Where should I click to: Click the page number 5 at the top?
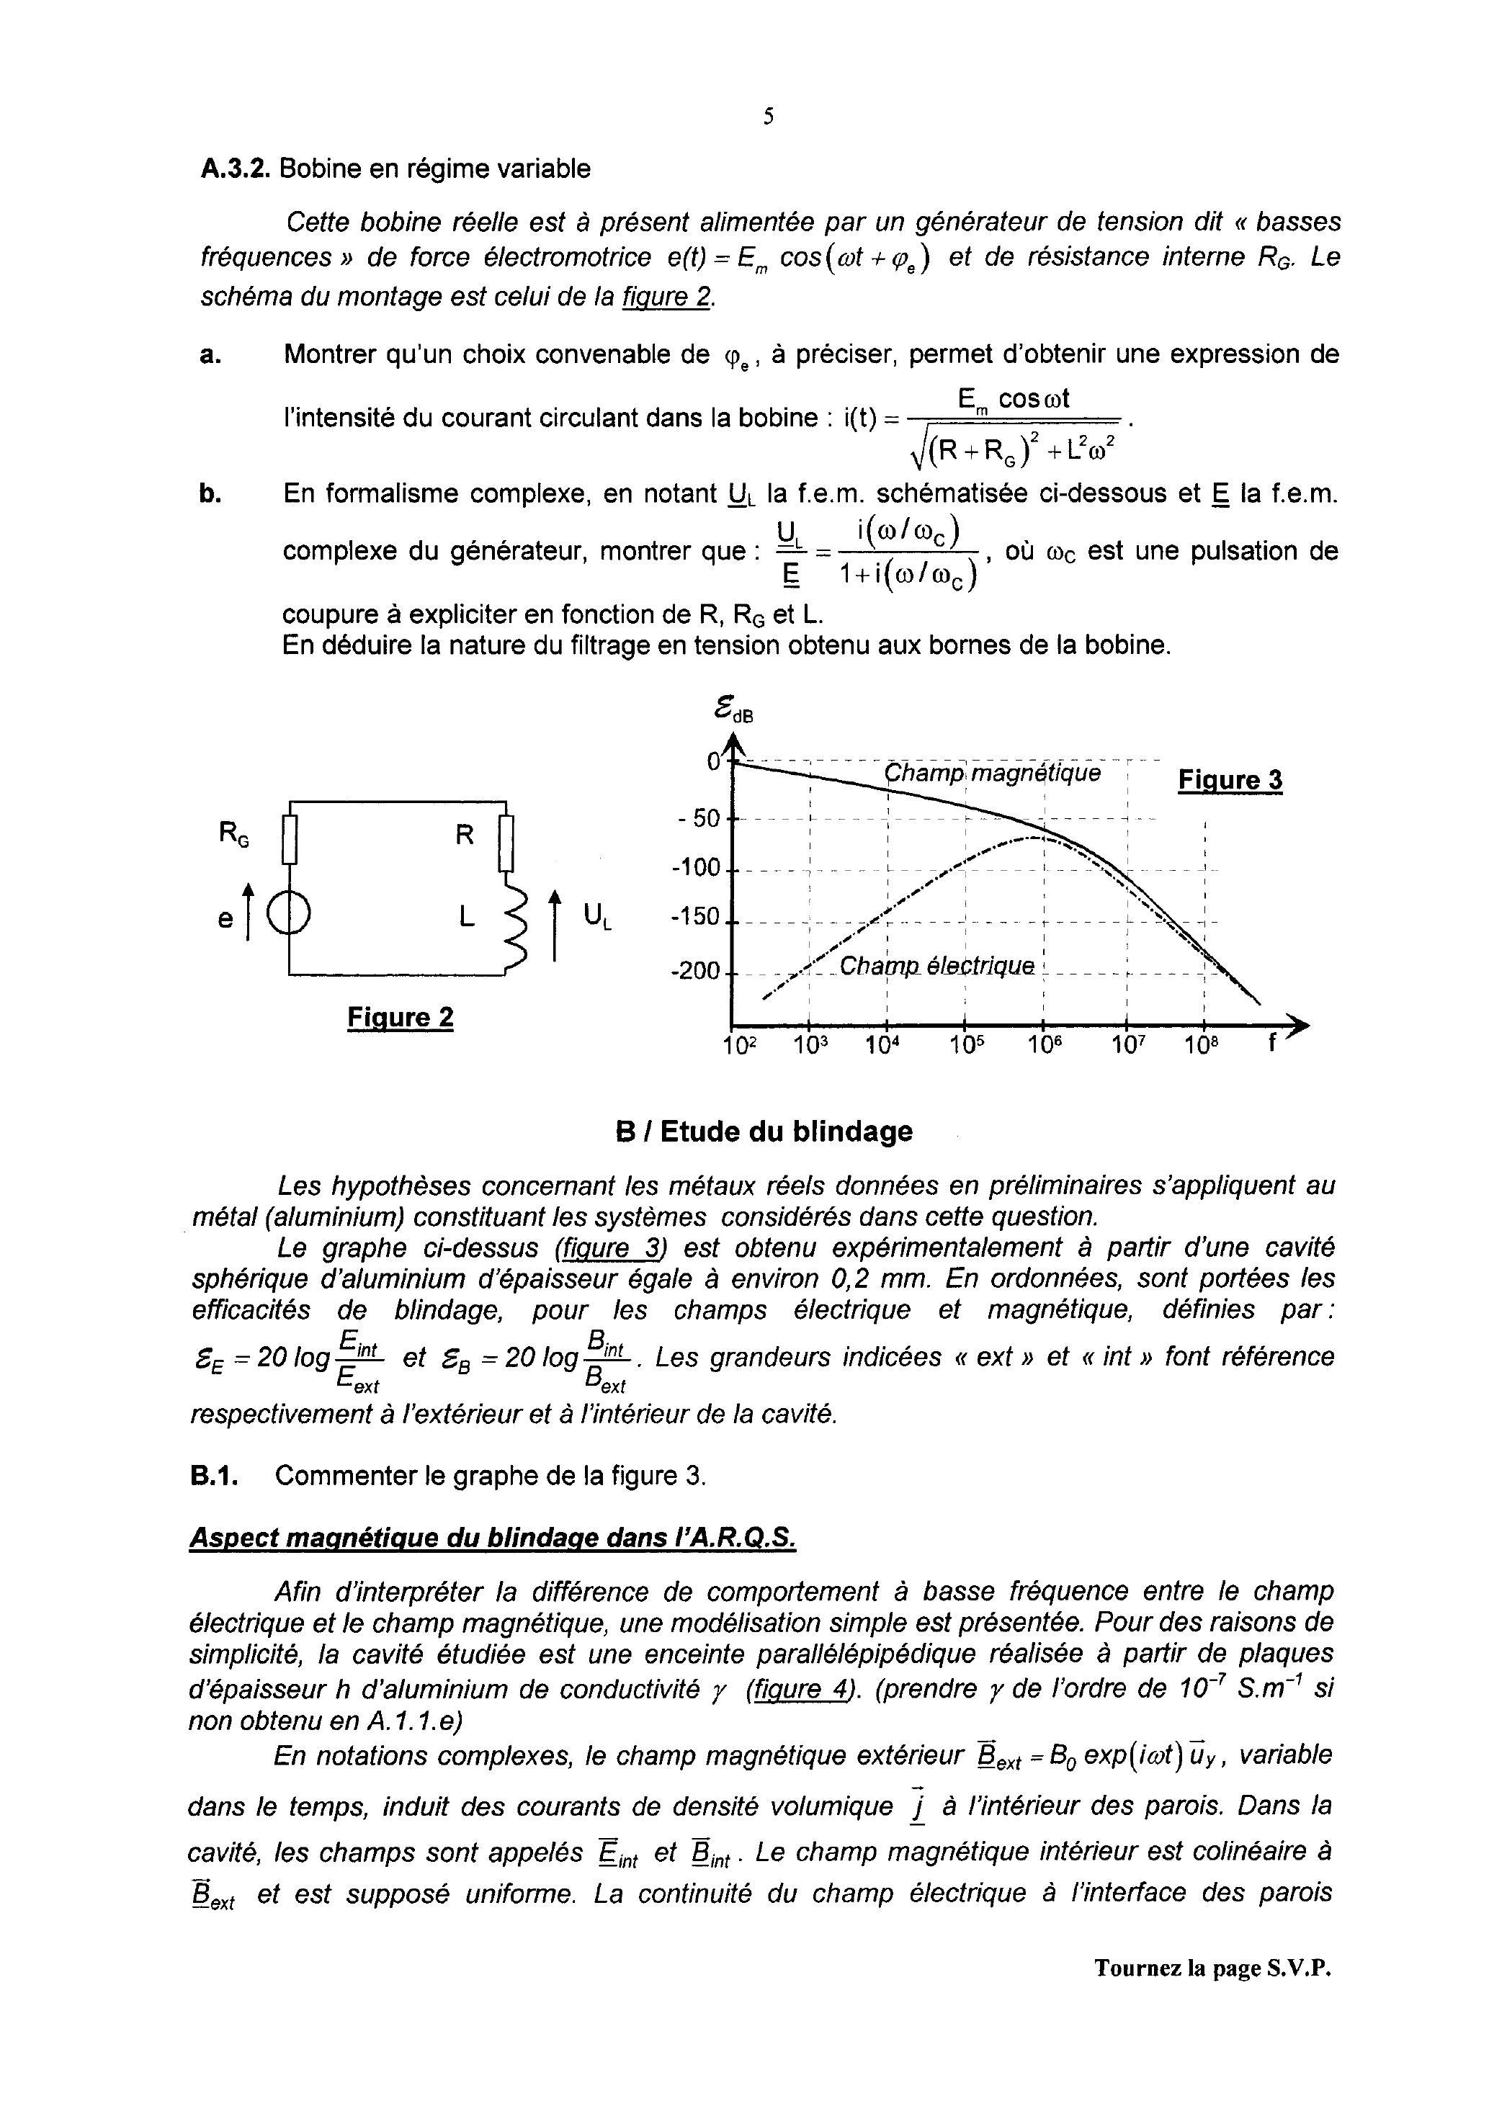[x=768, y=117]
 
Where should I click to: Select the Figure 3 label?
[x=1230, y=781]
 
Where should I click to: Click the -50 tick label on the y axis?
[x=699, y=818]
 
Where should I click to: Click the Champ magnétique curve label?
[x=992, y=774]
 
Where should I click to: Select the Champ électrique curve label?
[x=936, y=967]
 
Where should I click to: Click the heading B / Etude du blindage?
[x=764, y=1132]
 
